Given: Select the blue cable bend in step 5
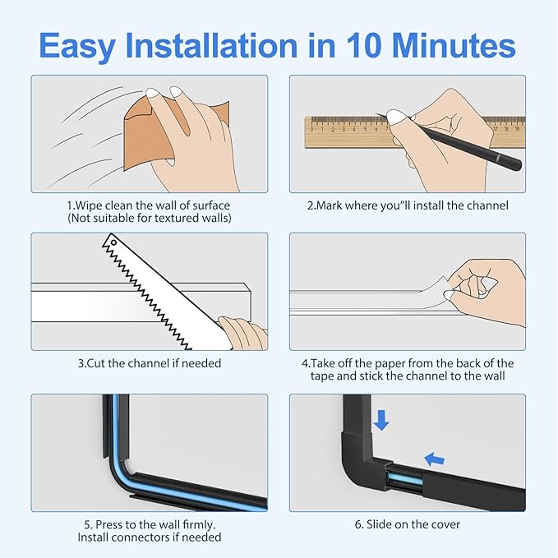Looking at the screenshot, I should point(122,468).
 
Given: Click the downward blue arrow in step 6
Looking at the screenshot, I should point(380,420).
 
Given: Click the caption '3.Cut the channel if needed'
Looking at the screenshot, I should point(149,362).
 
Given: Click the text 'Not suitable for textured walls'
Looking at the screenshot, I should point(149,218).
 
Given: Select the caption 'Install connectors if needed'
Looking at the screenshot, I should point(149,537).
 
